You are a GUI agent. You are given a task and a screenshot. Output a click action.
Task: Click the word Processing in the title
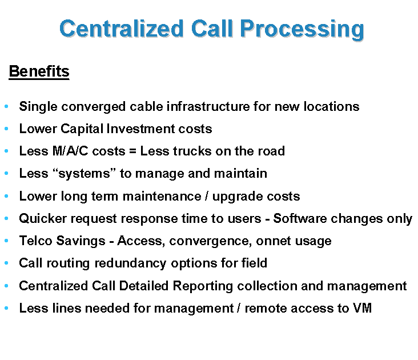coord(302,29)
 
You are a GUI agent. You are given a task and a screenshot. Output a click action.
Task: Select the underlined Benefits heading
coord(39,71)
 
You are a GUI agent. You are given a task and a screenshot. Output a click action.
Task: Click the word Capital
coord(82,129)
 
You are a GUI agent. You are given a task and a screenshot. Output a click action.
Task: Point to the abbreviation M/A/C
coord(70,151)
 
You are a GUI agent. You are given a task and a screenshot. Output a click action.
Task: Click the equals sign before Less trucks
coord(132,151)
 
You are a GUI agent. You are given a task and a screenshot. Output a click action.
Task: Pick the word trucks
coord(192,151)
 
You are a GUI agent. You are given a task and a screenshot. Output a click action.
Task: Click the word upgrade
coord(238,197)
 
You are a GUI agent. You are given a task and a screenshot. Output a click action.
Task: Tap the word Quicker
coord(43,218)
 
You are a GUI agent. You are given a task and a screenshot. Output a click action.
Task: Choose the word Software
coord(300,218)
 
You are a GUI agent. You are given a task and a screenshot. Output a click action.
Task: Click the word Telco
coord(36,241)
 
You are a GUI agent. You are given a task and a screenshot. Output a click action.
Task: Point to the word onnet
coord(274,241)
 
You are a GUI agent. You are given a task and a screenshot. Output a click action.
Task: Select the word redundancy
coord(130,263)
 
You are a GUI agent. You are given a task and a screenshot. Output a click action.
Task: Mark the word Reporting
coord(203,286)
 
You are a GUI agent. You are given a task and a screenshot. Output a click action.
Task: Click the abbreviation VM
coord(363,308)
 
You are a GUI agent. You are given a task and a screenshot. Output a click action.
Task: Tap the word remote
coord(266,308)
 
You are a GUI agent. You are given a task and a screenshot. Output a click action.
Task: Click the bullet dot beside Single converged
coord(6,107)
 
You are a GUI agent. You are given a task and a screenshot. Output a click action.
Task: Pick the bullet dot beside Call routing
coord(6,263)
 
